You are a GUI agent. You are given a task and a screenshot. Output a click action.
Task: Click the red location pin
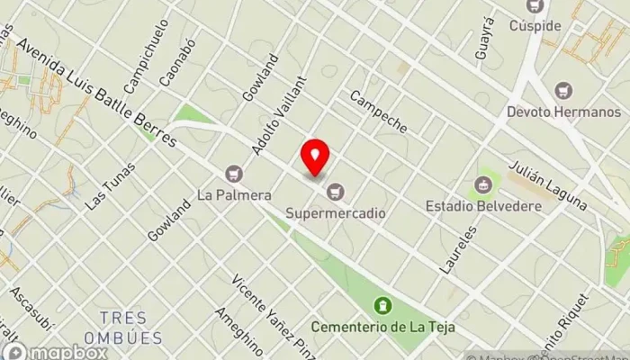[x=315, y=157]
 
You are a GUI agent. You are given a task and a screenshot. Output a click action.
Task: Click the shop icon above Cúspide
[x=537, y=6]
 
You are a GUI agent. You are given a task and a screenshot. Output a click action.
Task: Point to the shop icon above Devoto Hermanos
[x=563, y=91]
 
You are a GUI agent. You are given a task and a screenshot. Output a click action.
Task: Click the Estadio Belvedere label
[x=483, y=206]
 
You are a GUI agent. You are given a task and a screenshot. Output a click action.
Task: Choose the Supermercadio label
[x=337, y=213]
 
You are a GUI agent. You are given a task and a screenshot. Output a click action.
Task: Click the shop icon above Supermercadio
[x=337, y=192]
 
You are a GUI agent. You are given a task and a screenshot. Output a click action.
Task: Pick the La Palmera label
[x=235, y=193]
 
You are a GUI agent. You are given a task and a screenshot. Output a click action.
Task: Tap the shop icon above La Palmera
[x=235, y=173]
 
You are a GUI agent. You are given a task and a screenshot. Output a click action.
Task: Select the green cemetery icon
[x=383, y=305]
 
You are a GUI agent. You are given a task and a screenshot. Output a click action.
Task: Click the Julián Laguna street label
[x=547, y=185]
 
